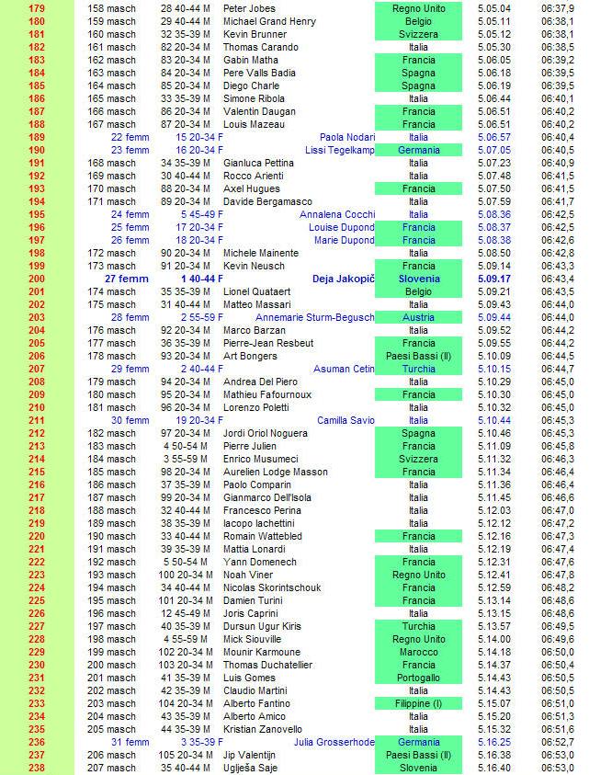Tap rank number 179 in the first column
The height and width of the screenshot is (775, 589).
click(37, 8)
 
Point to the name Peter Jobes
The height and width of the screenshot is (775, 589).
click(249, 8)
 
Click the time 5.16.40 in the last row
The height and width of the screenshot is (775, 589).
click(494, 768)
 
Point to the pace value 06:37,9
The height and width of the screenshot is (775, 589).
click(558, 8)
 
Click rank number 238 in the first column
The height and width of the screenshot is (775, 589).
click(37, 768)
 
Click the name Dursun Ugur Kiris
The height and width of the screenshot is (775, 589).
click(262, 626)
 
